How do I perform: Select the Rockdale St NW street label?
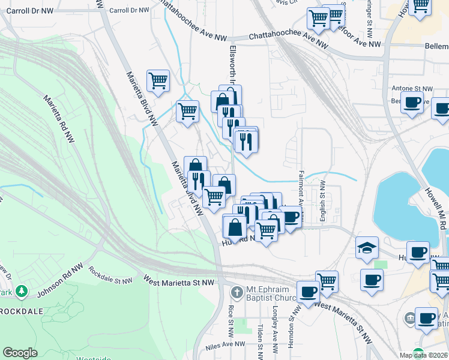tap(110, 277)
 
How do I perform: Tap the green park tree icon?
tap(22, 291)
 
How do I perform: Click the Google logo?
tap(20, 353)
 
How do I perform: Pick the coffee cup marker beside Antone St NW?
tap(412, 103)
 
